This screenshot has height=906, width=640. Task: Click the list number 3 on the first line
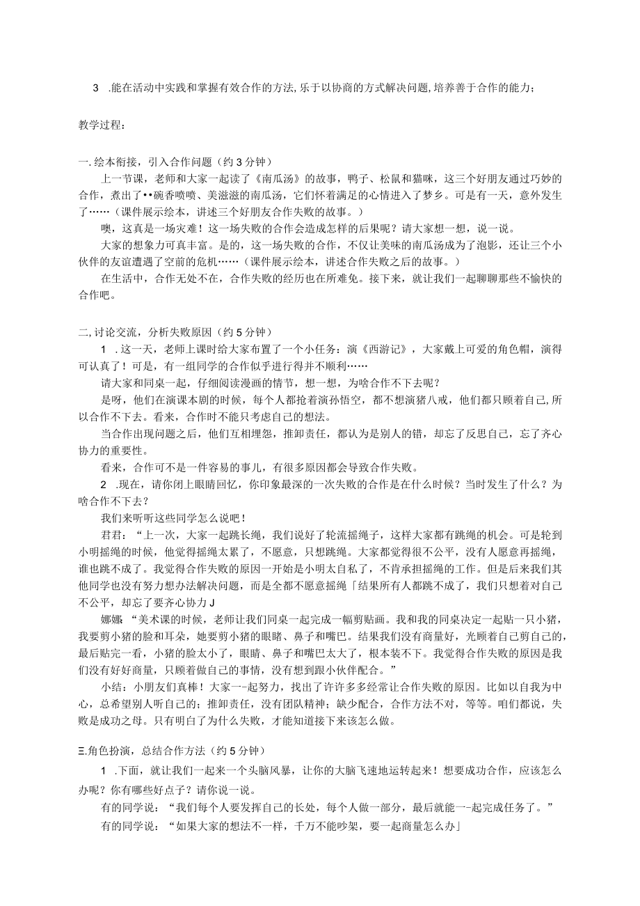coord(95,87)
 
